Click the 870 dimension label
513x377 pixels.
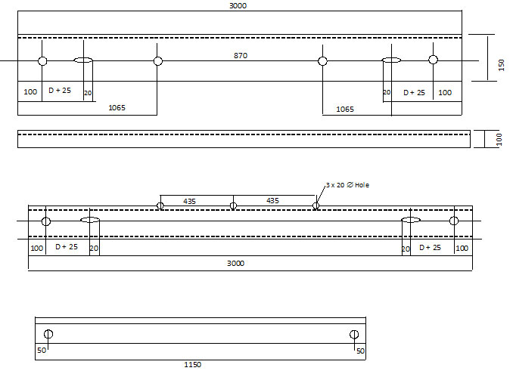point(241,55)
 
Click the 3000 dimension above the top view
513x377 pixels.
point(238,5)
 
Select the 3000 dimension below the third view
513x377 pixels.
point(237,263)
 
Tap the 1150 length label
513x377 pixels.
point(193,365)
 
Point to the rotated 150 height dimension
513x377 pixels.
point(501,66)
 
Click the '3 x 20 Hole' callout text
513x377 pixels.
point(348,184)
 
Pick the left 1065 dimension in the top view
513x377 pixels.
point(117,108)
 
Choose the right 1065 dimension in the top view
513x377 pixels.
point(344,109)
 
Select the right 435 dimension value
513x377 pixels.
point(272,200)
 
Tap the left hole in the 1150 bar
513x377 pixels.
point(48,335)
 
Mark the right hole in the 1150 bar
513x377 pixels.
point(353,335)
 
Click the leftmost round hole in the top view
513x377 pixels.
point(42,60)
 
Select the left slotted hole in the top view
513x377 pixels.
point(83,60)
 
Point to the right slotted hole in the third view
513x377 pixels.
point(411,221)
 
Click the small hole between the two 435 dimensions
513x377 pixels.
point(233,205)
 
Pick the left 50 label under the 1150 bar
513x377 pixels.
point(42,351)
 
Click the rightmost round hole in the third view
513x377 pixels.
point(454,221)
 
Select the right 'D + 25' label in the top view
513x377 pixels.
point(415,92)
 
